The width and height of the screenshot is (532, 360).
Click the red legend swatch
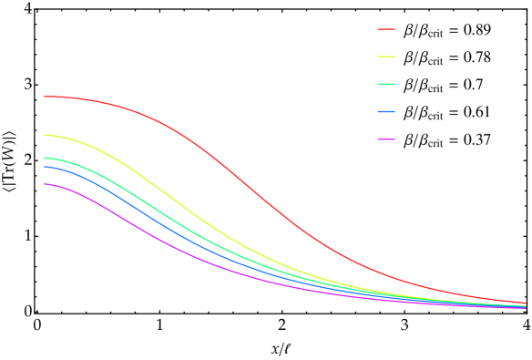386,30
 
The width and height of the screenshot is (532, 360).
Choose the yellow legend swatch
386,57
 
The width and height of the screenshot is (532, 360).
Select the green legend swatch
386,85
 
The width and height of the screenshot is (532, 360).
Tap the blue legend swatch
386,112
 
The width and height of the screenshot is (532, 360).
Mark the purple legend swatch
386,139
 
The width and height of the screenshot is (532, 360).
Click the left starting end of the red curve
44,97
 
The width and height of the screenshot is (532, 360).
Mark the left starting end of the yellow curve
44,135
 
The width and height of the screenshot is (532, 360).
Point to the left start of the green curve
44,159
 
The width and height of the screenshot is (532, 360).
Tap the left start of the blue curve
44,167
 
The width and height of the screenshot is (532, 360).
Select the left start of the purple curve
44,185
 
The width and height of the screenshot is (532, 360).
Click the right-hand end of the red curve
526,303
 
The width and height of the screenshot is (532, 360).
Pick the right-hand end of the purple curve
526,308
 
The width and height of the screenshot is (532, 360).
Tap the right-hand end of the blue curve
526,307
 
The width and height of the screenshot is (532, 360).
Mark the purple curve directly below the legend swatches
386,299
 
